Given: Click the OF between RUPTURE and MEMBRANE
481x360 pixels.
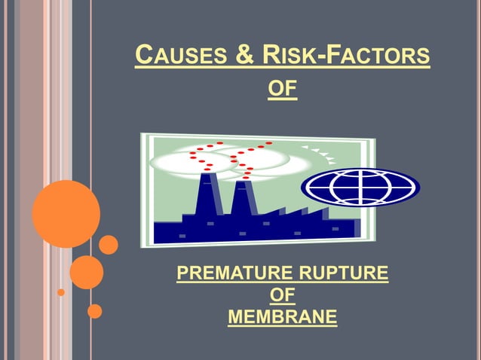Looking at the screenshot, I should coord(283,294).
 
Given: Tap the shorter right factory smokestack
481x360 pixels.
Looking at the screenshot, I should coord(243,203).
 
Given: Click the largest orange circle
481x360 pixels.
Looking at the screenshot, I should coord(66,214).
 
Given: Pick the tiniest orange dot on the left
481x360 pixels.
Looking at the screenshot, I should coord(61,292).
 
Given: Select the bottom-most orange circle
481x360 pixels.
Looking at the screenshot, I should coord(94,310).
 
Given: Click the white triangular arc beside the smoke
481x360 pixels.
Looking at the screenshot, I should coord(320,153).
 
